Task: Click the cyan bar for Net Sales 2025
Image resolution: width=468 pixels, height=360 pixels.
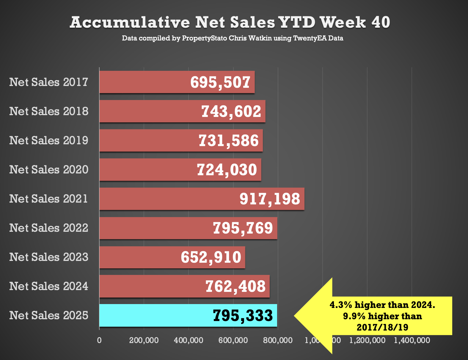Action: coord(155,315)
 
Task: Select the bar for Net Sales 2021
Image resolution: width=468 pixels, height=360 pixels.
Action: coord(167,199)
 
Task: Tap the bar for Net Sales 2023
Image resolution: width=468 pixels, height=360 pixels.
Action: coord(140,257)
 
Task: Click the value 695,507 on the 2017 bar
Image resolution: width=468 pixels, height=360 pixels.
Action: coord(220,82)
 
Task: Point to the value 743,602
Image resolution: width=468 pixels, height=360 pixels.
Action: coord(231,112)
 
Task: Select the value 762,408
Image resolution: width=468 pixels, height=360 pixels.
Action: coord(235,287)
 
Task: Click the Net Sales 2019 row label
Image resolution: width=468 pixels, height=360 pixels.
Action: coord(49,140)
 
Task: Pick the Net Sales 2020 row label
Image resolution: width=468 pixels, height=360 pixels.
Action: coord(49,170)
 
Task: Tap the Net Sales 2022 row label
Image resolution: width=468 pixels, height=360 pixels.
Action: coord(49,228)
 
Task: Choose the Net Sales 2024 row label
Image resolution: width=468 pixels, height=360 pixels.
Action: coord(49,286)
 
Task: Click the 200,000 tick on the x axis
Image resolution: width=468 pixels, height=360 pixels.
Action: coord(144,340)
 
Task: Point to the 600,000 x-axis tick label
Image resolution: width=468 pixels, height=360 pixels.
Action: coord(233,340)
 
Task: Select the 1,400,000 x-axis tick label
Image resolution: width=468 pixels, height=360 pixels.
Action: coord(412,340)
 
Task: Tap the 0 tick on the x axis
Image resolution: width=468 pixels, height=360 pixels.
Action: coord(99,340)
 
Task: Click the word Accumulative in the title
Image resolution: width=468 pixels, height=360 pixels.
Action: coord(130,23)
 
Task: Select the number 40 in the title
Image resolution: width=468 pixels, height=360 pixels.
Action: coord(381,23)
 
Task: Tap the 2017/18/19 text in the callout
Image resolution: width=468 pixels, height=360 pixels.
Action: coord(382,328)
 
